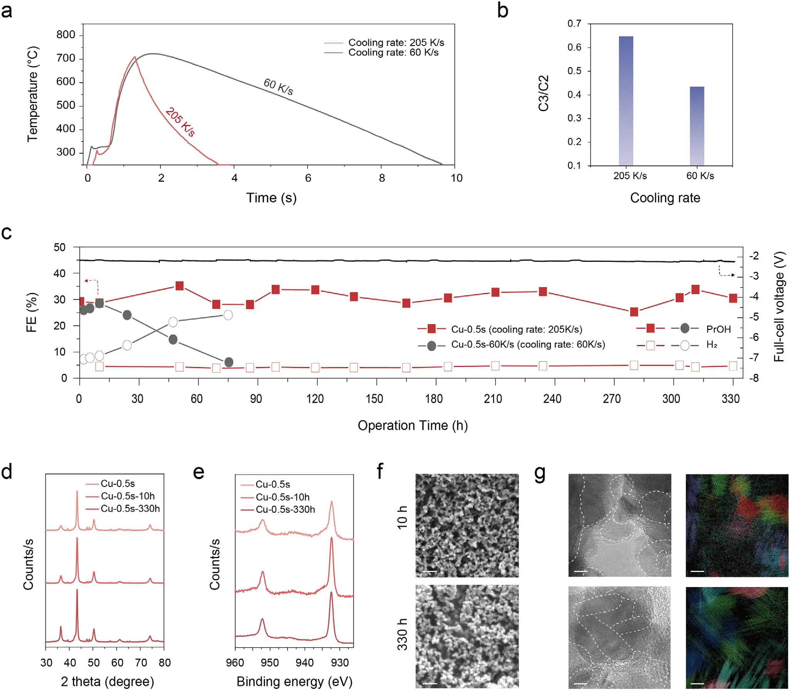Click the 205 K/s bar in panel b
tap(626, 101)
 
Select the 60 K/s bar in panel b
tap(697, 126)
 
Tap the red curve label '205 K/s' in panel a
tap(180, 122)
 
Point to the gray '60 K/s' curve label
tap(278, 87)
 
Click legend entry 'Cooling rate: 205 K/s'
tap(396, 42)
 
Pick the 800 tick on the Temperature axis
tap(66, 35)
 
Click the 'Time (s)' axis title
tap(271, 198)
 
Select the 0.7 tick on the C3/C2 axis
tap(574, 24)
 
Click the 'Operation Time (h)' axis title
tap(412, 425)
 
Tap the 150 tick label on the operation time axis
tap(374, 399)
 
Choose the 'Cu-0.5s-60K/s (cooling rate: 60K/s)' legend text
tap(528, 344)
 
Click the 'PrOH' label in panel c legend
tap(718, 329)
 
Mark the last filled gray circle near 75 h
tap(229, 362)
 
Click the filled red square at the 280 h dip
tap(634, 312)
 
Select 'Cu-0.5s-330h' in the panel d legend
tap(130, 508)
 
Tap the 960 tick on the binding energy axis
tap(235, 662)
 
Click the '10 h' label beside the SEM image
tap(402, 517)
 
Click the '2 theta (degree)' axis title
tap(107, 681)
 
